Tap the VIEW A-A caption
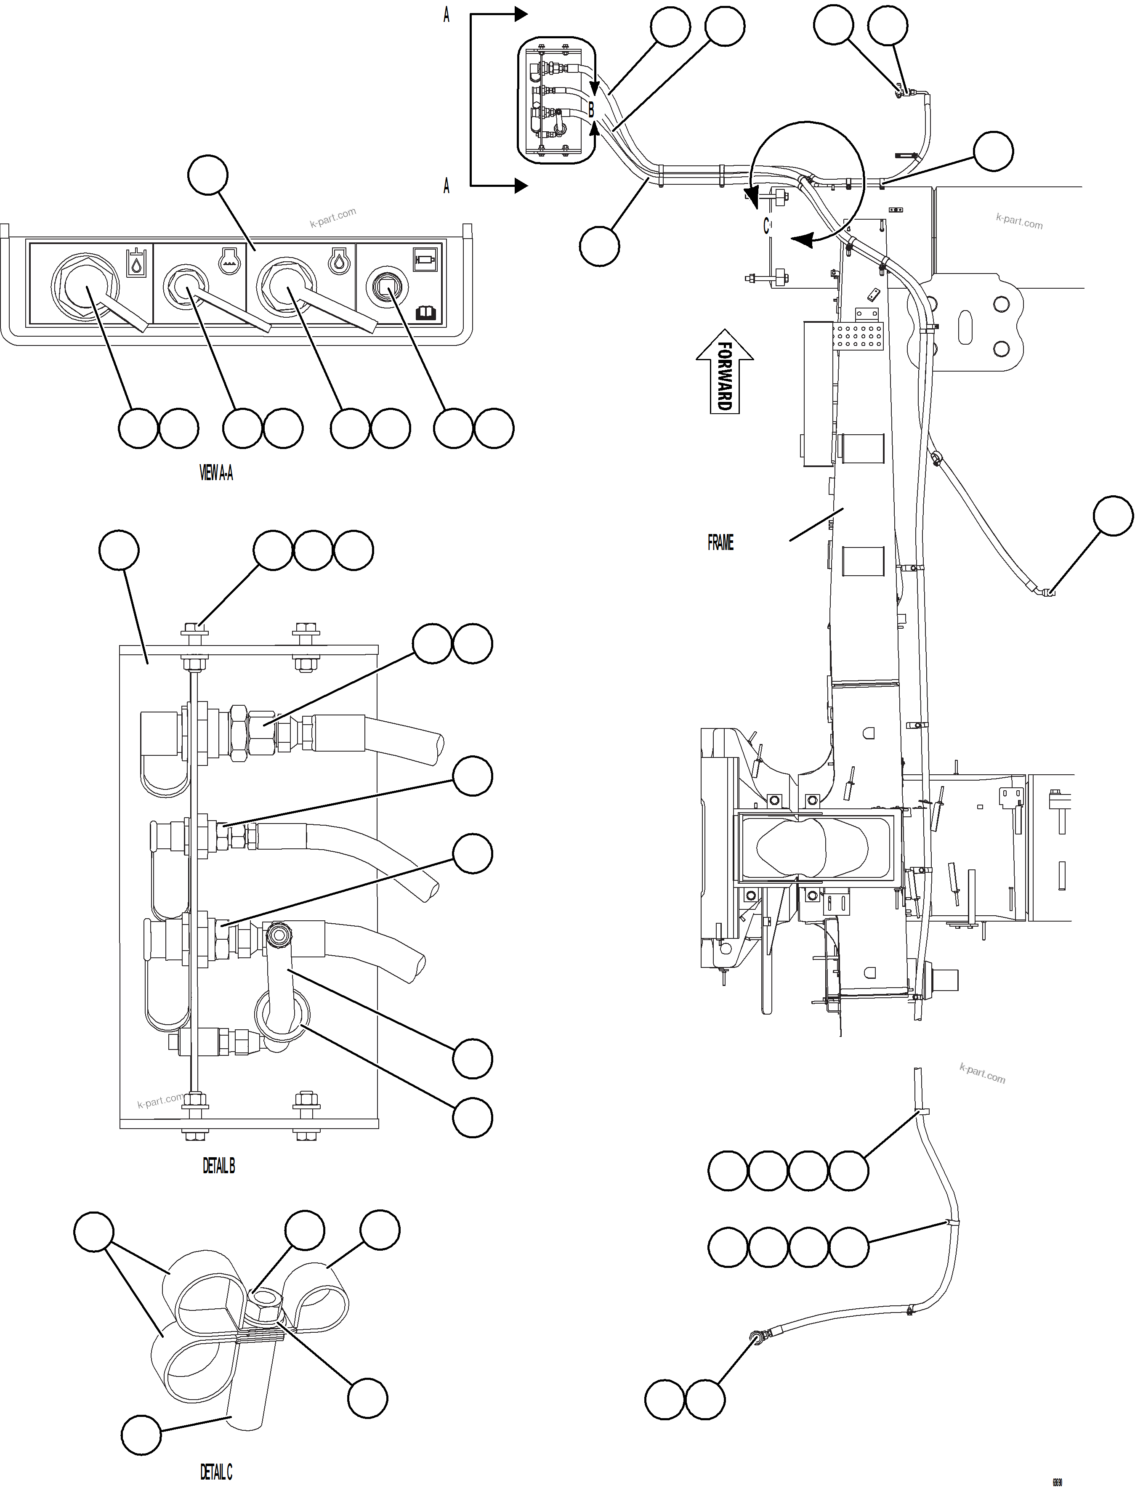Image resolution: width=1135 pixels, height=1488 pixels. coord(216,473)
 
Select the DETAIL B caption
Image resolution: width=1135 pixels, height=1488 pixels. coord(218,1165)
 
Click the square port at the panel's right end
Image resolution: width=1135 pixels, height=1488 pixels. coord(386,288)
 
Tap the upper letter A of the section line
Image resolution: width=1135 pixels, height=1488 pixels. coord(446,15)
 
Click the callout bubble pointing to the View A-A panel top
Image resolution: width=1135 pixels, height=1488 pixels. coord(207,175)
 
